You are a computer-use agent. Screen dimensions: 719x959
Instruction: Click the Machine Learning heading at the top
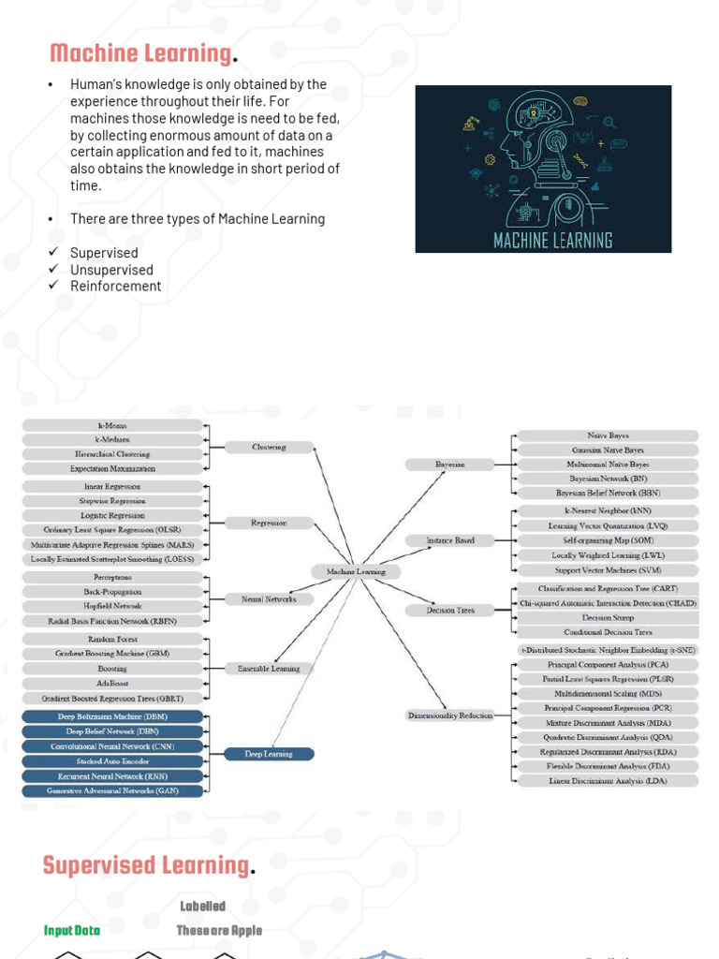coord(140,54)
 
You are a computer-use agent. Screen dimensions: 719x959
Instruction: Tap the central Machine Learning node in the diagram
coord(356,571)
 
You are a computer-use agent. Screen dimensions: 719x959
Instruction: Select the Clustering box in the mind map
coord(269,448)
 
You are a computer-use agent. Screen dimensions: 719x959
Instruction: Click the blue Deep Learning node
coord(270,754)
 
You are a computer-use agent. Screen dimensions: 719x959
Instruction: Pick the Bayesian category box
coord(449,465)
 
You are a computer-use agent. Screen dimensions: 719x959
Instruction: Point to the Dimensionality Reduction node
coord(449,716)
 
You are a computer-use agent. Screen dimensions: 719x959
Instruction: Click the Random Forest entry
coord(112,639)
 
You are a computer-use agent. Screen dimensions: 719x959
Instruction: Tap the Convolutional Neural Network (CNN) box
coord(112,746)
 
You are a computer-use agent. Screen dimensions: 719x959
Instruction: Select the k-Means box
coord(112,425)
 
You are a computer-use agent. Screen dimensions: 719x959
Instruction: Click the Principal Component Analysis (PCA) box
coord(609,664)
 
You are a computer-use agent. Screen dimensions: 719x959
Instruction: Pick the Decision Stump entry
coord(609,618)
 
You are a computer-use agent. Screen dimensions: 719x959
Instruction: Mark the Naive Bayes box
coord(609,435)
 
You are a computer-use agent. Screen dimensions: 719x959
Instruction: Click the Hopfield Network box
coord(112,606)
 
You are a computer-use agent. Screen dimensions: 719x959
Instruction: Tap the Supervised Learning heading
coord(145,865)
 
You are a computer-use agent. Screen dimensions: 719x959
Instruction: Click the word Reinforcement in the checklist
coord(115,287)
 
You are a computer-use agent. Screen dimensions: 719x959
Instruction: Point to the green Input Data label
coord(72,930)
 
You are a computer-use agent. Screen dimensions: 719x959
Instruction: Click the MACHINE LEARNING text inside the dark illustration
coord(552,241)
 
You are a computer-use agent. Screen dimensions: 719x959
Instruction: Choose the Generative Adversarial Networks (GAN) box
coord(112,791)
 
